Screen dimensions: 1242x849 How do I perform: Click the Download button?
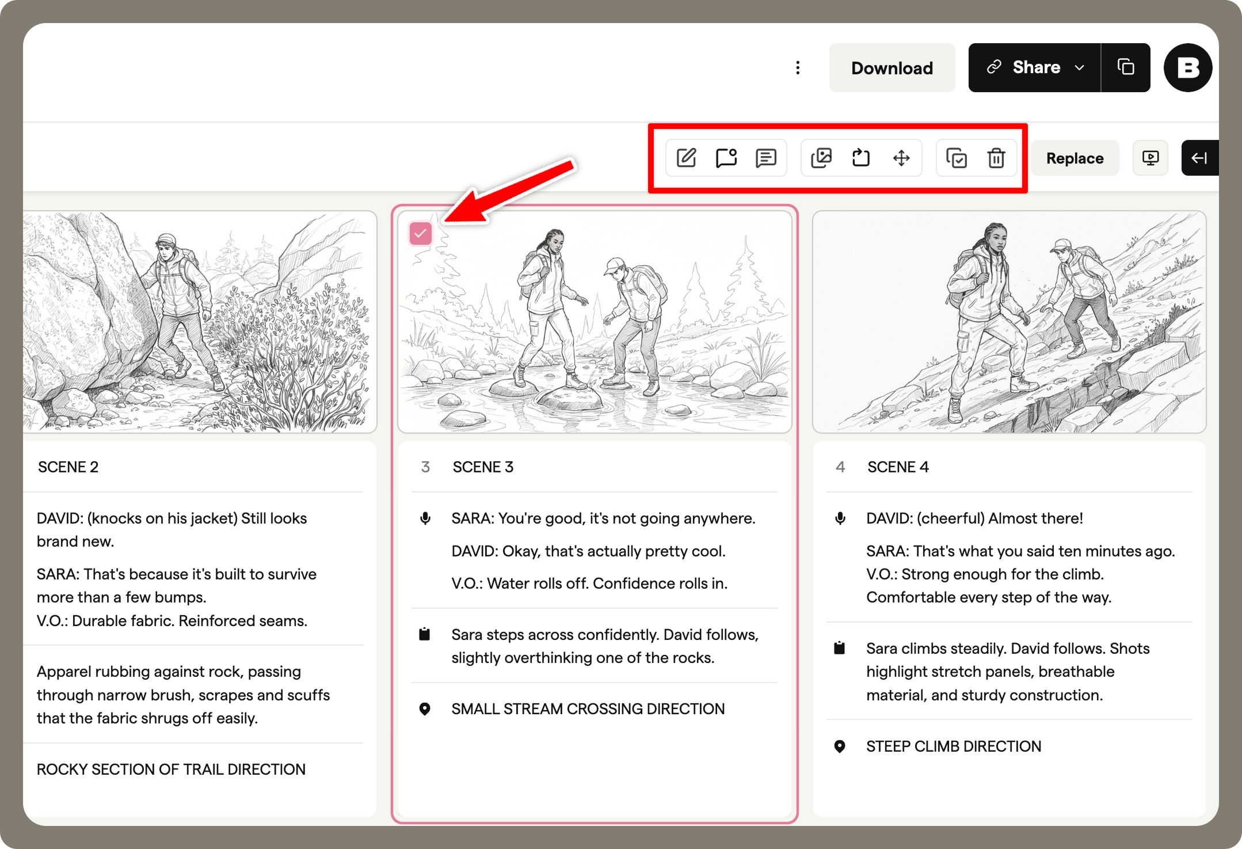(892, 68)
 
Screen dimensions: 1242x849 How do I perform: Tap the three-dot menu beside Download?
(798, 68)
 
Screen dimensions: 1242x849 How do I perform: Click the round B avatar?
(1188, 68)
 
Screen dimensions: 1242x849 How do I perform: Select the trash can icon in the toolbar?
(996, 158)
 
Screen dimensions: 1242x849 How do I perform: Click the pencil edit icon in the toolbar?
(686, 158)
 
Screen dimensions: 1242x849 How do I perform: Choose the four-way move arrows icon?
(901, 158)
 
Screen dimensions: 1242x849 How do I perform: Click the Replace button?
(1075, 158)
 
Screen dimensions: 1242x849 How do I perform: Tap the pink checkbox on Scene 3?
(421, 233)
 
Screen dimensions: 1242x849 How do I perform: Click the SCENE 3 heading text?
(483, 467)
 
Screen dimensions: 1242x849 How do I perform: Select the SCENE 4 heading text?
(898, 467)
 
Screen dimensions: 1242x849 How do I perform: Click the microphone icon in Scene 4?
(840, 518)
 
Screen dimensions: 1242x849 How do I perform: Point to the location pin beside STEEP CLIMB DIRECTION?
(840, 746)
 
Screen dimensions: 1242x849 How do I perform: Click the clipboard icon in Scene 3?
(425, 635)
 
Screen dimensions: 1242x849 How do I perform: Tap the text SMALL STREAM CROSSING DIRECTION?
(588, 709)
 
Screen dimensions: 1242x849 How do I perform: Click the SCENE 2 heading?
(68, 467)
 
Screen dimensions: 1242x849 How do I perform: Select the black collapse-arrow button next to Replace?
(1199, 158)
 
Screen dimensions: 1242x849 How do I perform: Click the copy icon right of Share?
(1126, 67)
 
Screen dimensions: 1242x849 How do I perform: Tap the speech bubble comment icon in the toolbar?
(726, 158)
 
